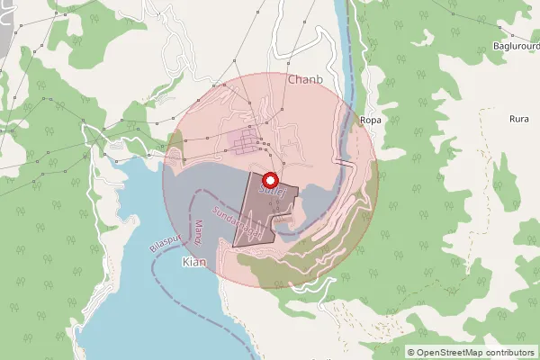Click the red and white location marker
[x=269, y=179]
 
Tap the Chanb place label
[x=305, y=79]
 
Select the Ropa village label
[x=370, y=120]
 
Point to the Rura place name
[x=518, y=119]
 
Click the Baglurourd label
[x=516, y=45]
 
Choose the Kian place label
[x=194, y=261]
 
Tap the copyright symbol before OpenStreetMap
[x=411, y=352]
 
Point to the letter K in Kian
[x=185, y=261]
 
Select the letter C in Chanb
[x=292, y=79]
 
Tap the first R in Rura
[x=511, y=119]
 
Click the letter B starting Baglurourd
[x=496, y=45]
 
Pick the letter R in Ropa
[x=362, y=120]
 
